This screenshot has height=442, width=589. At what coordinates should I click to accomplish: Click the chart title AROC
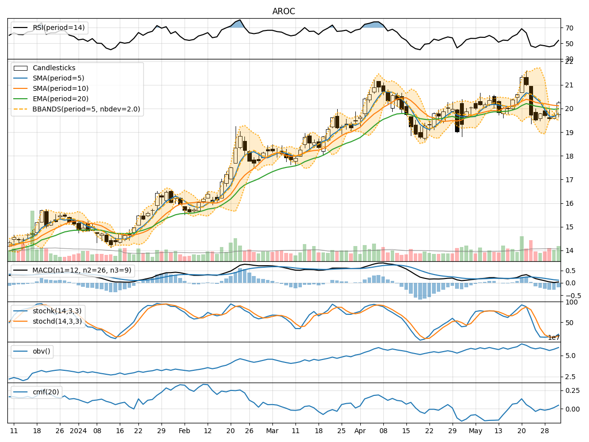tap(284, 11)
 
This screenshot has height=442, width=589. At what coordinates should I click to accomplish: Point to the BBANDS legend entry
tap(86, 109)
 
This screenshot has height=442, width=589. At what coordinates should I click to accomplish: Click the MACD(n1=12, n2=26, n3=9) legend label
tap(81, 270)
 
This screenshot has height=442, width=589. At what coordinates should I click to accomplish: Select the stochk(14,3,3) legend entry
tap(56, 311)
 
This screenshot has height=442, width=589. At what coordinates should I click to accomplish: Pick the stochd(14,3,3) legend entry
tap(56, 321)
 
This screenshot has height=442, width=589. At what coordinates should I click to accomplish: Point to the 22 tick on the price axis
tap(569, 62)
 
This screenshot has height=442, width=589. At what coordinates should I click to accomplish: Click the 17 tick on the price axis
tap(569, 180)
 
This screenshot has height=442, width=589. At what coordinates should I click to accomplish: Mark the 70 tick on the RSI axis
tap(569, 28)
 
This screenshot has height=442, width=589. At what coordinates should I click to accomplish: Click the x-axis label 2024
tap(78, 431)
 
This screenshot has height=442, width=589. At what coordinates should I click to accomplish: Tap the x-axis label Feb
tap(184, 431)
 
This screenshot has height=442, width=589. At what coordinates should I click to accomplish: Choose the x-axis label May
tap(475, 431)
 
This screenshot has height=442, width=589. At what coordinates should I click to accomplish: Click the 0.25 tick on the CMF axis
tap(572, 390)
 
